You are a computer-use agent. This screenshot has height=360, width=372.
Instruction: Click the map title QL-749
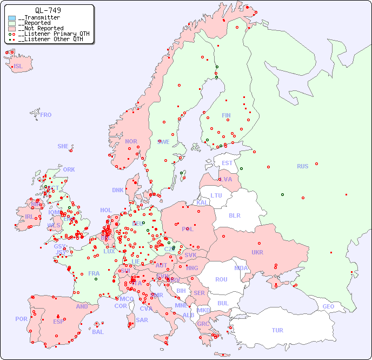48,10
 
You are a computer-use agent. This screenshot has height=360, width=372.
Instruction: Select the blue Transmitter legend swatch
12,18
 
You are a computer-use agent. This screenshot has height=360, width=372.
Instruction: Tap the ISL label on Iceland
18,67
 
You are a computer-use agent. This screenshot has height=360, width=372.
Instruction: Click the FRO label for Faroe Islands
46,115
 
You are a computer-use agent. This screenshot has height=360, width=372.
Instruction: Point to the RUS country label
302,166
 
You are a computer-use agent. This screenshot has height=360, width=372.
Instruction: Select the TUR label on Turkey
277,330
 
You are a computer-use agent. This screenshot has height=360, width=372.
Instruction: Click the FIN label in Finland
226,115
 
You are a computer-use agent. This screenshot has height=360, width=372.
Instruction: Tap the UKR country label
257,252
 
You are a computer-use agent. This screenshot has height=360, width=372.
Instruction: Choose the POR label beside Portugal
21,319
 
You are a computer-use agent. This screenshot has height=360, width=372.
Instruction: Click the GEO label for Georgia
328,306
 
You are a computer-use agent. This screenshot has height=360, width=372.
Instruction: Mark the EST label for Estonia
227,163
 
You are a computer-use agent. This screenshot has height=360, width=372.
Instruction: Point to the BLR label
234,215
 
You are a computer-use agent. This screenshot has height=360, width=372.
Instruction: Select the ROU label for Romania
221,279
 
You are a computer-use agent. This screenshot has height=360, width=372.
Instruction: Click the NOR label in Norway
131,141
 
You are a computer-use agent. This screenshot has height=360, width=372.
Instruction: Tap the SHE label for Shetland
63,146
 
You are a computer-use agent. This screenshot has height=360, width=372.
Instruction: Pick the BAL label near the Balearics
97,332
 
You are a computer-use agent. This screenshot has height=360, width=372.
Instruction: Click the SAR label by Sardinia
142,320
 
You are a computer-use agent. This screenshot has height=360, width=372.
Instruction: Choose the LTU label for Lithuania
216,195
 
